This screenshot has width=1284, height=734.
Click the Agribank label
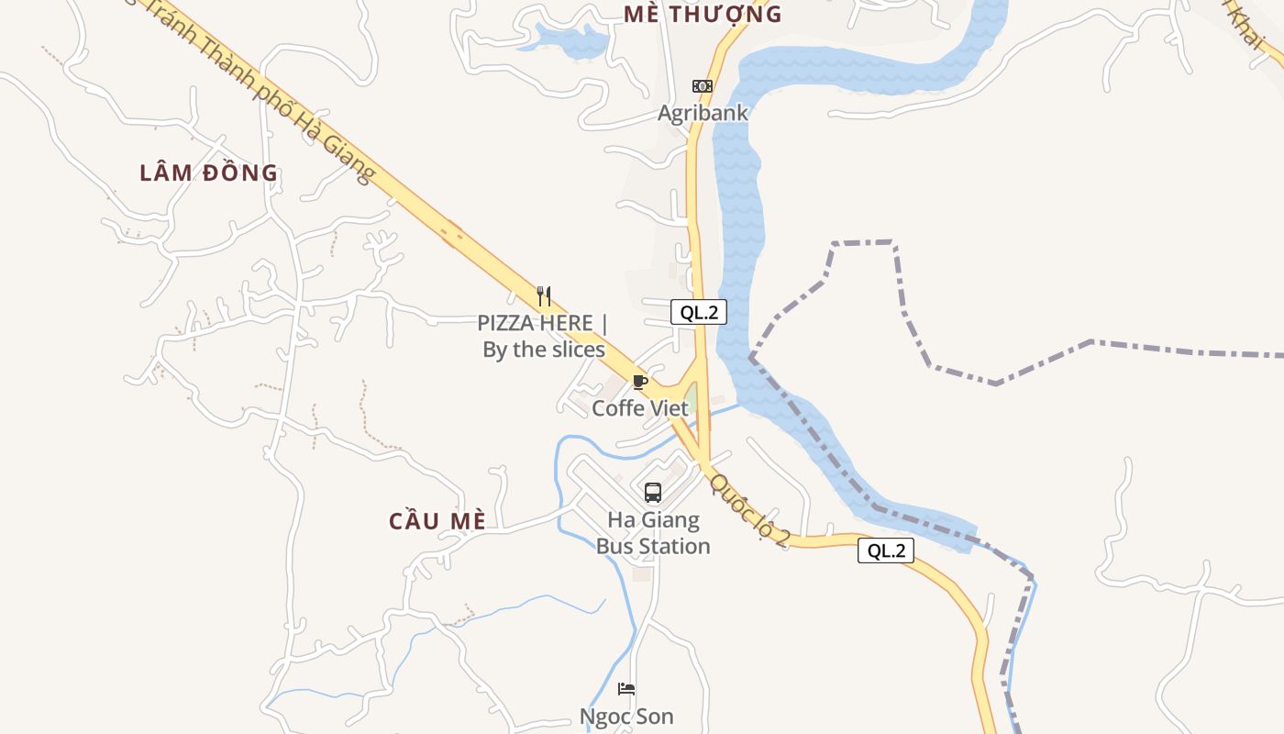pyautogui.click(x=703, y=113)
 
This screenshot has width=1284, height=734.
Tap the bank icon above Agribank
pyautogui.click(x=703, y=86)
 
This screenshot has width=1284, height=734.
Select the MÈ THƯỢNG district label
pyautogui.click(x=702, y=14)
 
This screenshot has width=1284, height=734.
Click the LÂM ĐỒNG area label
pyautogui.click(x=208, y=172)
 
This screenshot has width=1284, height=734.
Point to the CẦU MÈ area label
pyautogui.click(x=437, y=521)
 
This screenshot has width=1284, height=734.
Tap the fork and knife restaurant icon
pyautogui.click(x=544, y=295)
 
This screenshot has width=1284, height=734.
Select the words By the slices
pyautogui.click(x=544, y=350)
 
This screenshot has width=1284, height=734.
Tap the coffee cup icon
pyautogui.click(x=640, y=382)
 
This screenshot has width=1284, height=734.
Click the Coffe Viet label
pyautogui.click(x=639, y=408)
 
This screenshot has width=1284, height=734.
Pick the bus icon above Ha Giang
pyautogui.click(x=653, y=493)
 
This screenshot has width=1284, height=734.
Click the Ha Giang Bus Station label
pyautogui.click(x=653, y=533)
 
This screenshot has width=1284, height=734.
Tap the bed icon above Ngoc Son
pyautogui.click(x=626, y=689)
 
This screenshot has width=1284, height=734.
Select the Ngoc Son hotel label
pyautogui.click(x=626, y=717)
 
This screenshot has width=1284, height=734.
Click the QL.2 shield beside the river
pyautogui.click(x=698, y=312)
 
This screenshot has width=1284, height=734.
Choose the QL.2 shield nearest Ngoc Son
pyautogui.click(x=886, y=550)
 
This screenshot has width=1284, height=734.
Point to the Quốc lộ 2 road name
pyautogui.click(x=749, y=510)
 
